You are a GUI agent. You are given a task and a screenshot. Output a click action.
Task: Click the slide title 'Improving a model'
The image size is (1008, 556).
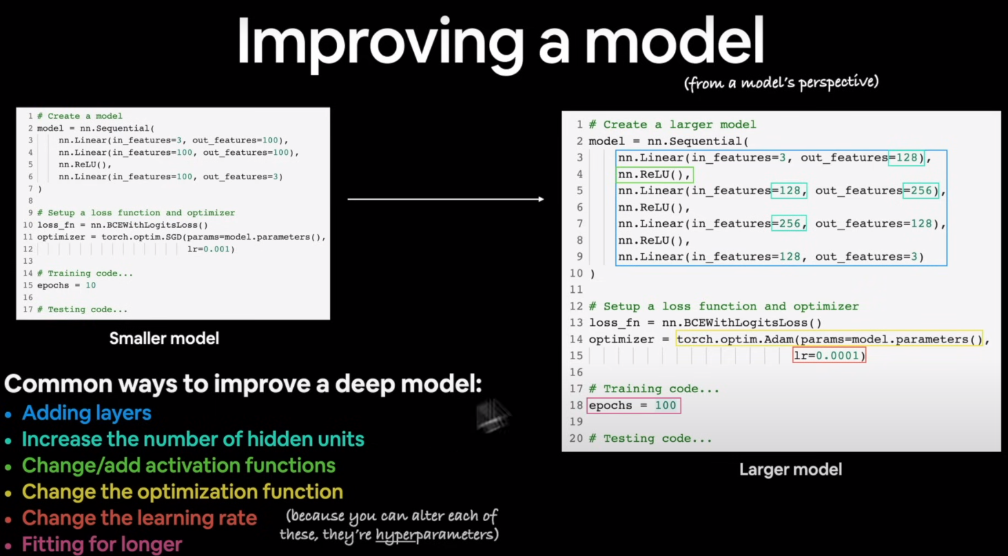pyautogui.click(x=500, y=42)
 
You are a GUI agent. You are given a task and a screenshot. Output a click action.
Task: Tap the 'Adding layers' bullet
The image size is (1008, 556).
pyautogui.click(x=87, y=413)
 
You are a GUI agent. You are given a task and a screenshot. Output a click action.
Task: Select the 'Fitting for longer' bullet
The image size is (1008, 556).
pyautogui.click(x=102, y=544)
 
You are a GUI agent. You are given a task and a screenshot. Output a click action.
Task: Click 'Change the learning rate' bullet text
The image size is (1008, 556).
pyautogui.click(x=139, y=518)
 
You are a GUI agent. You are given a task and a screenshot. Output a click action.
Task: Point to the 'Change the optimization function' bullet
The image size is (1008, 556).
pyautogui.click(x=182, y=491)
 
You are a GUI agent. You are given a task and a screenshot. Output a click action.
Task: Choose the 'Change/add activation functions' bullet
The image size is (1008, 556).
pyautogui.click(x=178, y=465)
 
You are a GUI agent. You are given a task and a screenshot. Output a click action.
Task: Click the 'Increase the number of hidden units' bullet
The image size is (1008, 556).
pyautogui.click(x=193, y=439)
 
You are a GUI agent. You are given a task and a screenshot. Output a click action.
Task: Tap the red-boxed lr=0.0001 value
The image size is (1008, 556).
pyautogui.click(x=829, y=355)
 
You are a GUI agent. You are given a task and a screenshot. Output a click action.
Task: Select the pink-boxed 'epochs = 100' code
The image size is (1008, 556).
pyautogui.click(x=633, y=405)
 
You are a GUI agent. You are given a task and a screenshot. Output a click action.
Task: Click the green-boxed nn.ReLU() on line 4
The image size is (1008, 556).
pyautogui.click(x=654, y=174)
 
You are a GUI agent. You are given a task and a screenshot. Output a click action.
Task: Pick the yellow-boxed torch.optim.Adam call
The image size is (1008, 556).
pyautogui.click(x=829, y=339)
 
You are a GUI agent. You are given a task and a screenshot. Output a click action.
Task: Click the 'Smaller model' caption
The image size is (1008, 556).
pyautogui.click(x=164, y=339)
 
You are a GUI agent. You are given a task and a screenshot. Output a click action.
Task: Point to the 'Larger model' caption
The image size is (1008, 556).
pyautogui.click(x=790, y=470)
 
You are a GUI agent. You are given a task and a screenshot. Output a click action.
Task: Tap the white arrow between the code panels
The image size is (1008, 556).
pyautogui.click(x=446, y=199)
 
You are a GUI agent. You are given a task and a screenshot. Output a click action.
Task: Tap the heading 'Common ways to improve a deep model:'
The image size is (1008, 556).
pyautogui.click(x=243, y=384)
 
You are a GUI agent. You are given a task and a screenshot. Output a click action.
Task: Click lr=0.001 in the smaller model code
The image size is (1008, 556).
pyautogui.click(x=211, y=249)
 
